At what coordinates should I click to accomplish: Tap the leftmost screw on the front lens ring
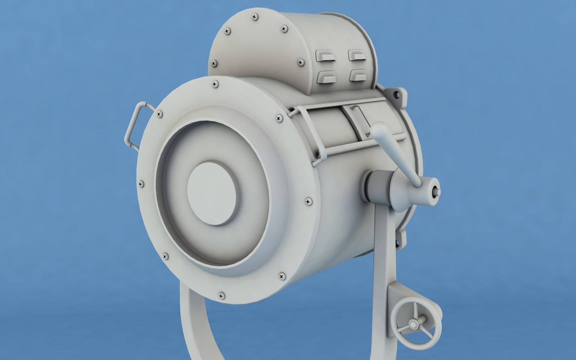(141, 183)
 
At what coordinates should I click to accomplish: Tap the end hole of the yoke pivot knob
(436, 192)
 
